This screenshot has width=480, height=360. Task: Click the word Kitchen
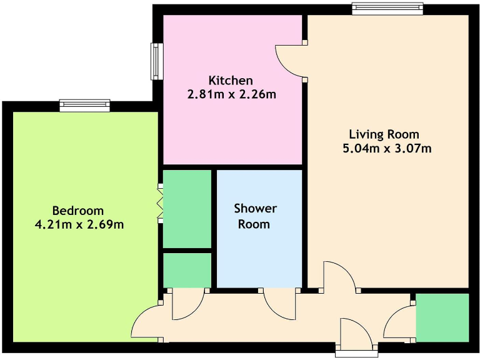(x=231, y=81)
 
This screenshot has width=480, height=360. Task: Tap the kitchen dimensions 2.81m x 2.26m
(x=231, y=95)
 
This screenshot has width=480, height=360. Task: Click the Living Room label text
(x=384, y=134)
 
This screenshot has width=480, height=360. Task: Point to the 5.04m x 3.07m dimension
(x=384, y=149)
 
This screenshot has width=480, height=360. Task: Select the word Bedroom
(x=78, y=211)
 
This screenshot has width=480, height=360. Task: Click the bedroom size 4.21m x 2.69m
(x=79, y=224)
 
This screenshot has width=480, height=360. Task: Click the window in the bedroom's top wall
(x=85, y=106)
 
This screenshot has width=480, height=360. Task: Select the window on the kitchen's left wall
(x=154, y=61)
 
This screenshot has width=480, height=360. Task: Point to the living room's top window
(x=387, y=8)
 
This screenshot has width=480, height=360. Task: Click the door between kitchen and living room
(x=290, y=61)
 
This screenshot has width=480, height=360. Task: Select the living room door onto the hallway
(x=339, y=277)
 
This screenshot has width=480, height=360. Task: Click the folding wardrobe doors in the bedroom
(x=160, y=201)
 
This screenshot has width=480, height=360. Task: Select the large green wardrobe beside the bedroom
(x=187, y=209)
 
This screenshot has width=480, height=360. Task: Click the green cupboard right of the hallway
(x=442, y=317)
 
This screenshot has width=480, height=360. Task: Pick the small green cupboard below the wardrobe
(x=187, y=269)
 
